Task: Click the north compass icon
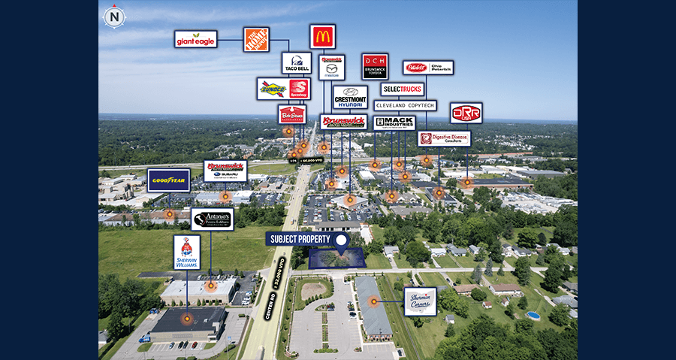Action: (x=114, y=16)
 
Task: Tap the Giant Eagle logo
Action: (x=196, y=39)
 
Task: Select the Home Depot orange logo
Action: (x=256, y=39)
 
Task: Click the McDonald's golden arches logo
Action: (x=322, y=36)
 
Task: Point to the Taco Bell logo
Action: (x=296, y=63)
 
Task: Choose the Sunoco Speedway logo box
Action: (x=283, y=89)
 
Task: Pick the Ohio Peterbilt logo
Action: (x=428, y=68)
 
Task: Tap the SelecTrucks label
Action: (x=403, y=89)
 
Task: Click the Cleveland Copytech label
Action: (x=405, y=105)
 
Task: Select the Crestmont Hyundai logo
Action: (x=350, y=97)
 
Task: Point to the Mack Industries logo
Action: (x=394, y=122)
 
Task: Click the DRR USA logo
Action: (x=466, y=113)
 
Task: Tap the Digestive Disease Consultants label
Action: (x=444, y=138)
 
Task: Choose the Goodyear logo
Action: (x=168, y=180)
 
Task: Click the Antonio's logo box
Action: (x=212, y=219)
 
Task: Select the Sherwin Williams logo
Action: (x=187, y=252)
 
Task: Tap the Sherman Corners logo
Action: (x=420, y=301)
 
